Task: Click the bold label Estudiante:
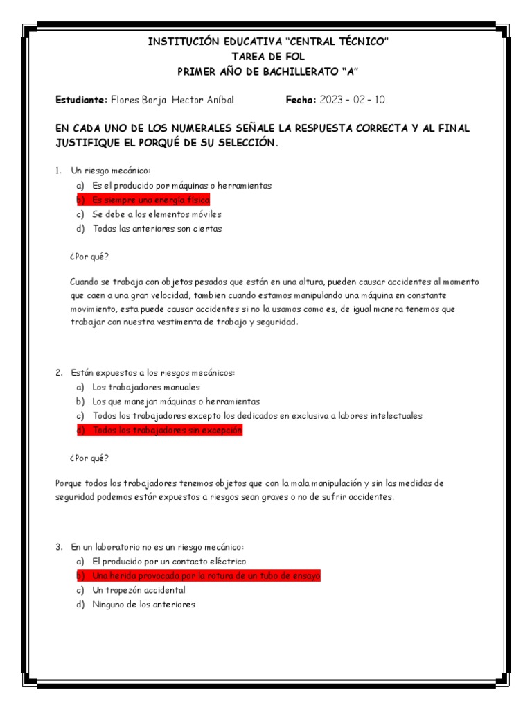[81, 100]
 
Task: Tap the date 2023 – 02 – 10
[352, 100]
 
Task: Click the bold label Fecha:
[301, 100]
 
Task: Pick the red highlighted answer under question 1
[150, 200]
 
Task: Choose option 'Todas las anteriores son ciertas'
[157, 229]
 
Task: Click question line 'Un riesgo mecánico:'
[110, 171]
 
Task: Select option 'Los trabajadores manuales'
[145, 387]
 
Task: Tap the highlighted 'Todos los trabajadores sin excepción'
[167, 431]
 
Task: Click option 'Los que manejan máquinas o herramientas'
[176, 401]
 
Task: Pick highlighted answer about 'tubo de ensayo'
[206, 576]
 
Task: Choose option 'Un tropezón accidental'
[139, 590]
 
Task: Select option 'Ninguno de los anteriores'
[143, 605]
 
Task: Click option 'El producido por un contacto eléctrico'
[168, 562]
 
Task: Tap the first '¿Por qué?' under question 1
[89, 257]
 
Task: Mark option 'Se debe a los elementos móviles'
[157, 214]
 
